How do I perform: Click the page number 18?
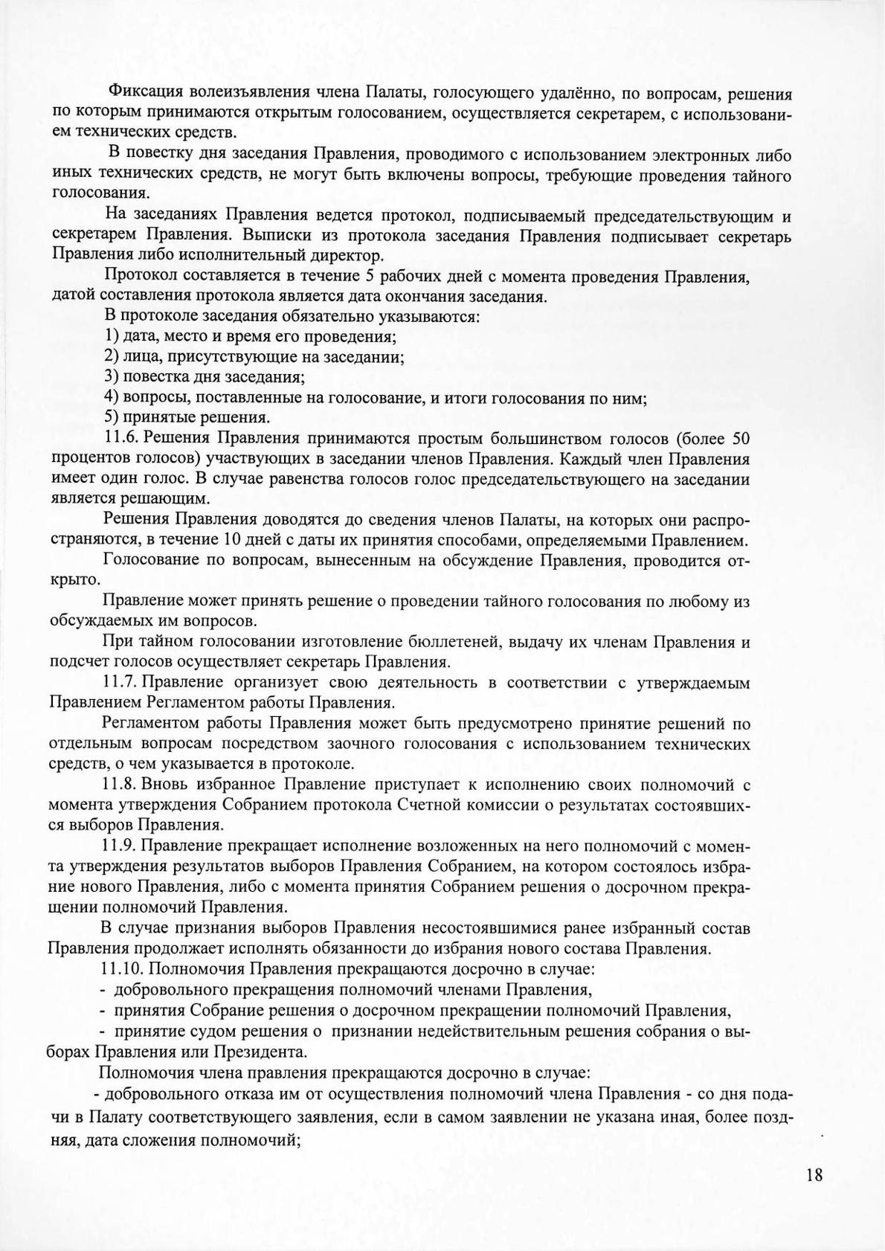pos(814,1175)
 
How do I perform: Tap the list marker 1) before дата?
pos(111,336)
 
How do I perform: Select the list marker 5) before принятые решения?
pos(111,417)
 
